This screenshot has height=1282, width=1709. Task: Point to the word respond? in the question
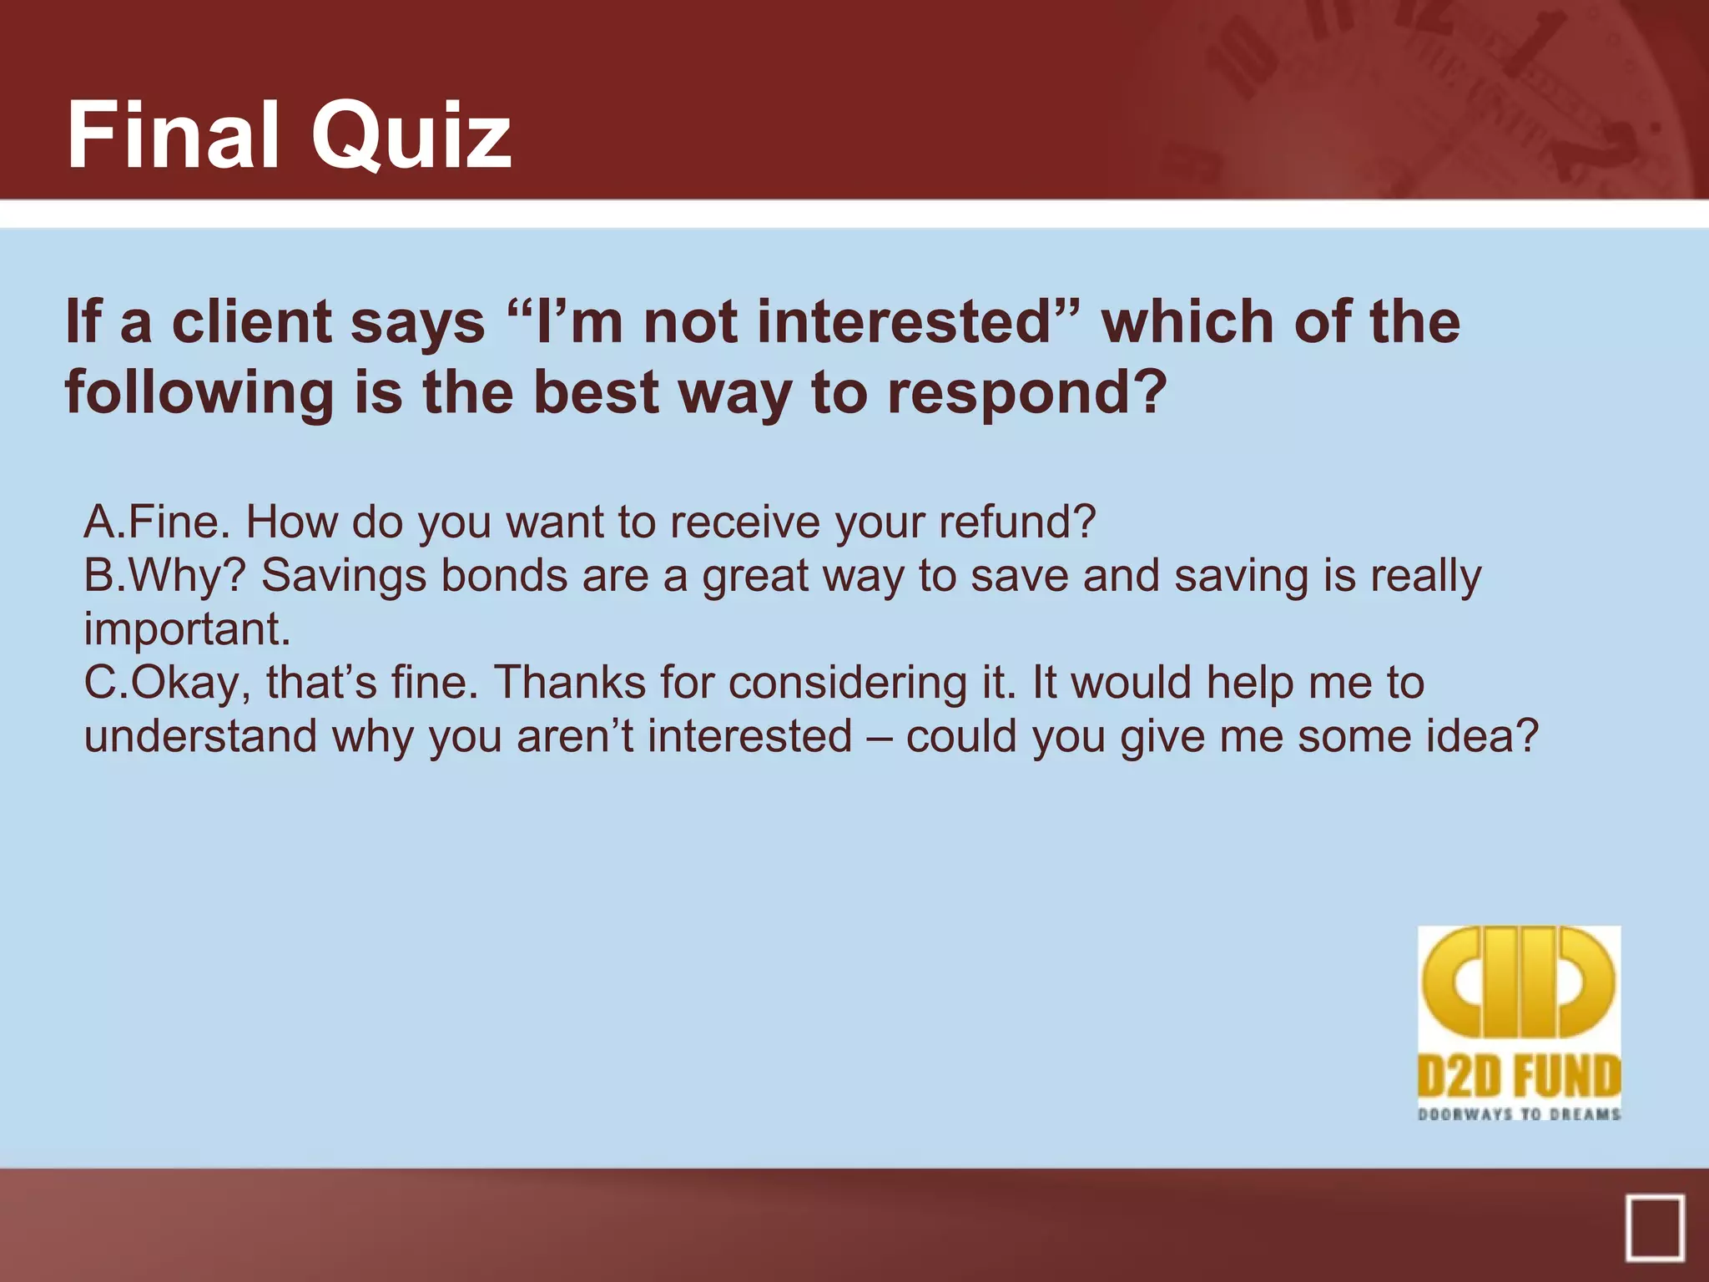point(1026,392)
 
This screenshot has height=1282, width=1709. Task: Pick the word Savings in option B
point(343,578)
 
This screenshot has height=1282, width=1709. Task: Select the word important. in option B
point(187,629)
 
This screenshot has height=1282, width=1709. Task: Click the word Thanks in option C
point(570,683)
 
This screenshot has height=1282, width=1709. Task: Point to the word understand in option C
point(200,736)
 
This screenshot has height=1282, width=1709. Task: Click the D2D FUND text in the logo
point(1519,1076)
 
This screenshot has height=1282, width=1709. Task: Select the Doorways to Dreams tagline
point(1519,1114)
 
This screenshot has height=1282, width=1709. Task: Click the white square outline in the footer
point(1655,1227)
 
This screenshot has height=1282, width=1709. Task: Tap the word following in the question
point(199,394)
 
